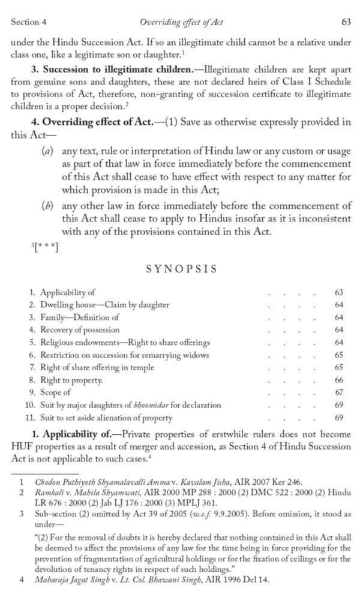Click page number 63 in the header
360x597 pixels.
pos(346,22)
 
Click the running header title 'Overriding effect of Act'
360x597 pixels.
pos(181,22)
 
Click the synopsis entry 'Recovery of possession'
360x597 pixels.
pos(79,330)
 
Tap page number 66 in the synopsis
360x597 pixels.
pos(339,380)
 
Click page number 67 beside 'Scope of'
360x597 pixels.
pos(339,392)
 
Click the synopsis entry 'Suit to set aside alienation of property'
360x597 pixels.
pos(106,418)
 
